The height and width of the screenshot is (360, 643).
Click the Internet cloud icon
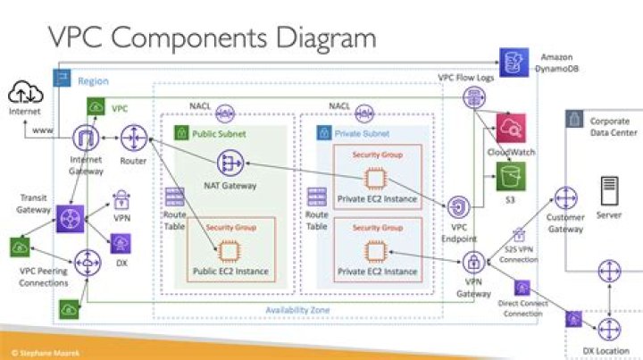(24, 92)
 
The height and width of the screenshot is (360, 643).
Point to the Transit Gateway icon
(70, 219)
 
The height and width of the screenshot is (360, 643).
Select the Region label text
(93, 81)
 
